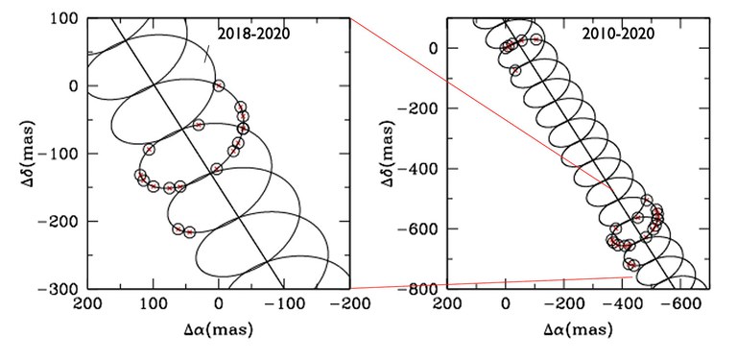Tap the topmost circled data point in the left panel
point(219,86)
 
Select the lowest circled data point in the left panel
point(189,232)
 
